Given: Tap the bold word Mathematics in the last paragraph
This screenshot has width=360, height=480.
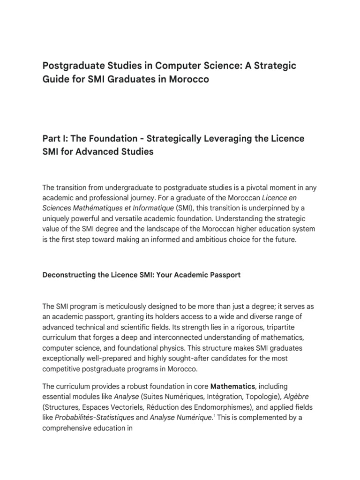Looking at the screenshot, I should pyautogui.click(x=232, y=387).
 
